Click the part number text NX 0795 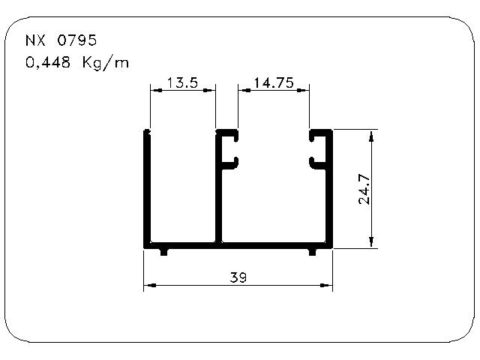point(61,40)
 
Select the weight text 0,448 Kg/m point(77,63)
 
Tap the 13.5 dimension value point(182,82)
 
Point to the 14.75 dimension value point(274,82)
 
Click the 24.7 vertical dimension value point(364,190)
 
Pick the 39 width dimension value point(238,277)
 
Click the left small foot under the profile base point(163,252)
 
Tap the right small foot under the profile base point(312,252)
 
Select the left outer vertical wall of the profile point(147,188)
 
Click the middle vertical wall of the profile point(218,187)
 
